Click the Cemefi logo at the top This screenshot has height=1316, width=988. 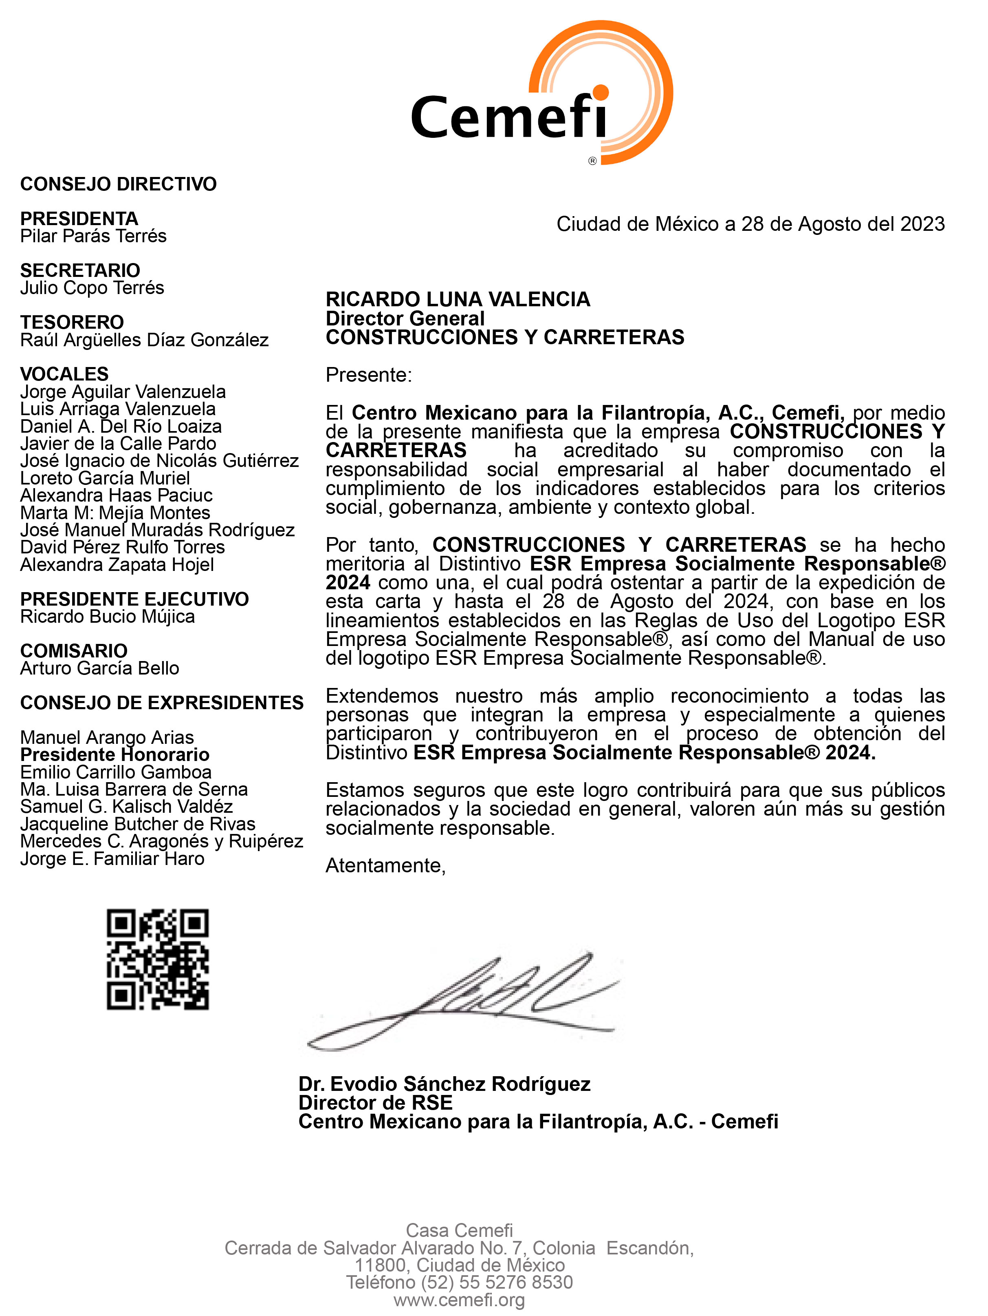click(x=541, y=95)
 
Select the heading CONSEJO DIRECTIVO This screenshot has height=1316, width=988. click(x=118, y=184)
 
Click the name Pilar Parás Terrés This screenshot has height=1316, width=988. click(x=93, y=236)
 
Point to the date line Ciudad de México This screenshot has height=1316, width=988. click(x=750, y=224)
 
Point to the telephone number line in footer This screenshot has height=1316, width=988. click(x=459, y=1282)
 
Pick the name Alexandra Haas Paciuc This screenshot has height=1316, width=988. click(x=116, y=495)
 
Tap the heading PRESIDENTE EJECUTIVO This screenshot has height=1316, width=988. click(x=134, y=599)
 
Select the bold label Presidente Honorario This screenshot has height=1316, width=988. click(x=115, y=754)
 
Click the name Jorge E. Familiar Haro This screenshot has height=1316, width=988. click(x=112, y=858)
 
